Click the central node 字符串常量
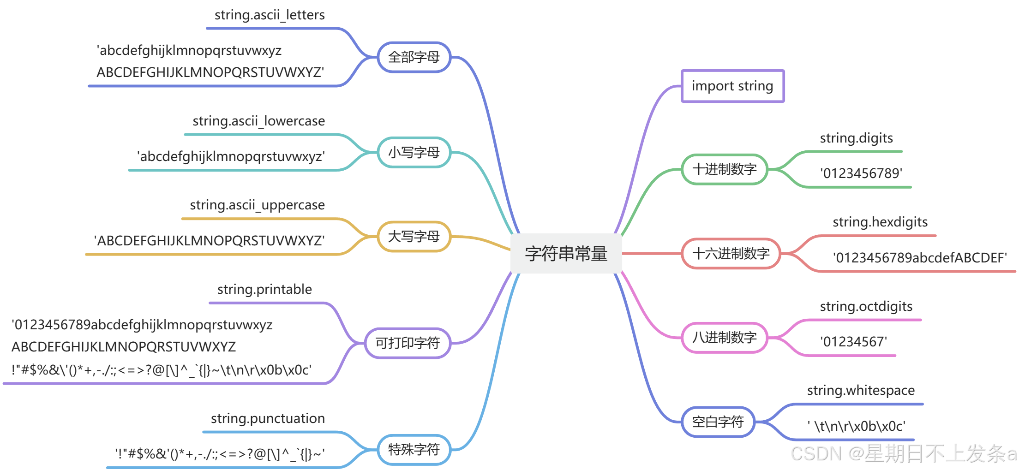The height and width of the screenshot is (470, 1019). [566, 254]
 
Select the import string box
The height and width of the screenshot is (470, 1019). [732, 86]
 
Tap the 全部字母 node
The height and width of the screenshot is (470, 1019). [414, 57]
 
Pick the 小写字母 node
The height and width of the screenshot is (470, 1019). [414, 152]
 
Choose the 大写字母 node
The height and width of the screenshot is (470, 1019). [414, 237]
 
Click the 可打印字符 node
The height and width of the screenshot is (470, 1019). [408, 343]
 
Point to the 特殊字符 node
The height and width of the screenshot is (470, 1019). [414, 449]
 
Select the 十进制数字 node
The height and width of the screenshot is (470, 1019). [725, 169]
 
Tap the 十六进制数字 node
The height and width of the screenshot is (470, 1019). [731, 253]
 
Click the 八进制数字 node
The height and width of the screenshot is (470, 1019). [725, 338]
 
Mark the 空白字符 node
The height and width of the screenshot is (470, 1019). [718, 422]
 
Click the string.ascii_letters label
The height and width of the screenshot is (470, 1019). [270, 15]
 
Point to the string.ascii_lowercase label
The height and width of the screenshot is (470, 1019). [258, 121]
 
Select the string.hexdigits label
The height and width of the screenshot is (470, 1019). [880, 222]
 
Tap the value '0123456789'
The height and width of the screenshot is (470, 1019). [861, 173]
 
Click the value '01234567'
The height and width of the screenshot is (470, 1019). [853, 342]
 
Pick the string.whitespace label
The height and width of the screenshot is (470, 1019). [861, 391]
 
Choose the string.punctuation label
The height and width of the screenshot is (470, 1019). [268, 419]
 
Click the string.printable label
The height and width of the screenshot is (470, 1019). [264, 290]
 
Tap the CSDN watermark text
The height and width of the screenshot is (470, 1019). [904, 454]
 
